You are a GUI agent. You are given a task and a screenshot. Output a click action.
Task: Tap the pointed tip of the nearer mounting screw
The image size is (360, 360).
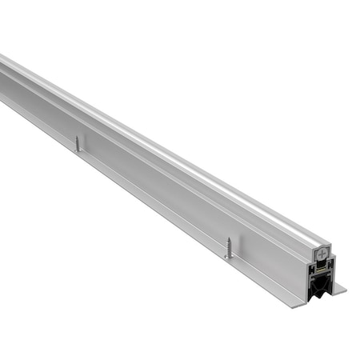[229, 256]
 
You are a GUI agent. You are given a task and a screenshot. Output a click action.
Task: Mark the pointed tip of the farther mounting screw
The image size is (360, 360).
[78, 150]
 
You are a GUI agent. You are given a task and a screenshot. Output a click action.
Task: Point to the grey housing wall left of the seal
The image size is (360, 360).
[310, 280]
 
